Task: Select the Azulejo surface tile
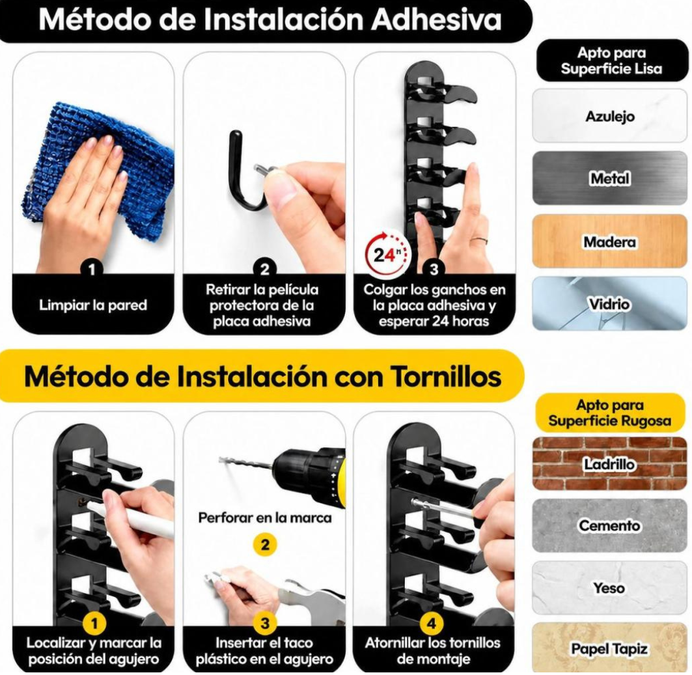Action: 610,116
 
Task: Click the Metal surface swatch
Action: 610,178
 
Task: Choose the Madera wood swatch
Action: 610,241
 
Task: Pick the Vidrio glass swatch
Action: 610,304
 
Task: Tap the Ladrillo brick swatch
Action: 610,463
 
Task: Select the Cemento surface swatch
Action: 610,525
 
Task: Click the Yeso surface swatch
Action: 610,588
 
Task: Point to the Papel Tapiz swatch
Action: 610,648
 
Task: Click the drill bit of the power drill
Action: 247,463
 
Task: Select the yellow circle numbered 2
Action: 265,544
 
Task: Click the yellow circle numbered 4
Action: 431,623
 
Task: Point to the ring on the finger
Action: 480,241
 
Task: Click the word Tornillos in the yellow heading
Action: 446,376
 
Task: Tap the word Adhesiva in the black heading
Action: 436,20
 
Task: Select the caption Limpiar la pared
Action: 92,305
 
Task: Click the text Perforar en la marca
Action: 265,517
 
